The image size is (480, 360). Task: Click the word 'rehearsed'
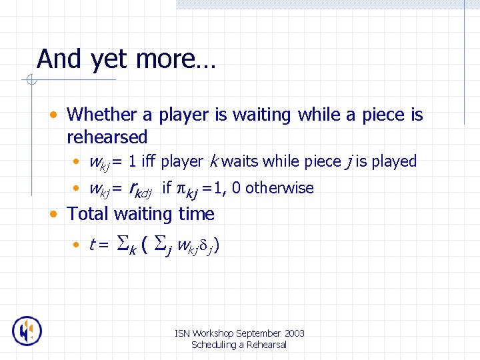pos(107,137)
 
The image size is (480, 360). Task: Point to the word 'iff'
pos(148,161)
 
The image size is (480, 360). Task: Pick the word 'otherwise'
pos(280,189)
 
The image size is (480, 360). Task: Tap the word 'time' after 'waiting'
pos(196,214)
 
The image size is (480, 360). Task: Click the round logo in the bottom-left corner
pos(27,331)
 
